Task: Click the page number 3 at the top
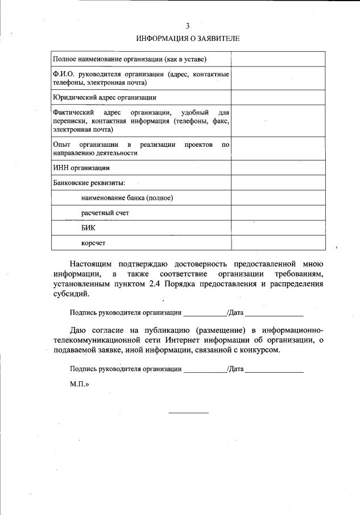(188, 26)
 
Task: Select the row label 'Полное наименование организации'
(129, 59)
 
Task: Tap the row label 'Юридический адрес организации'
(104, 97)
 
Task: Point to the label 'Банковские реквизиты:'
(89, 183)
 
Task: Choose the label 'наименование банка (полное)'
(127, 197)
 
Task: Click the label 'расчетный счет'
(105, 213)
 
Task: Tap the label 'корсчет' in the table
(93, 242)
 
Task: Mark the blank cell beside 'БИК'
(278, 228)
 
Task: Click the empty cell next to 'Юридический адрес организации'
(278, 97)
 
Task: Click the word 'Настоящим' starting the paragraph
(92, 264)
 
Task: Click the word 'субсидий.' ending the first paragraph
(71, 295)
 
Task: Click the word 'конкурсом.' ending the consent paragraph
(261, 350)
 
